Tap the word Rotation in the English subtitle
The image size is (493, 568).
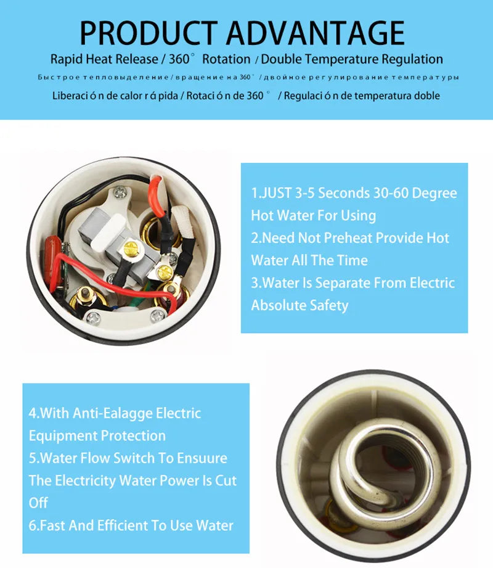226,60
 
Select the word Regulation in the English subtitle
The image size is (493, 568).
409,60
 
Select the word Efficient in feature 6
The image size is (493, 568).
139,525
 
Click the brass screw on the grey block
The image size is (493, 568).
130,249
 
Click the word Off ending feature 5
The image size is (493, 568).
38,503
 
